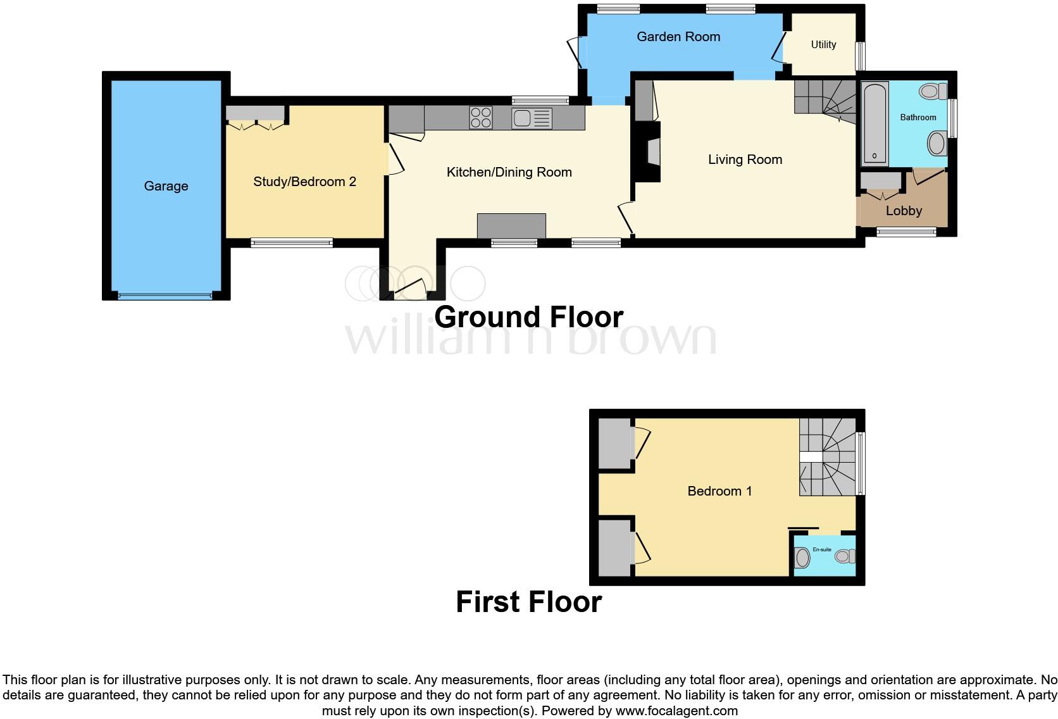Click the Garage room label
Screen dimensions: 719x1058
[x=166, y=186]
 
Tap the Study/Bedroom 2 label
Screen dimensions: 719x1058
[x=304, y=182]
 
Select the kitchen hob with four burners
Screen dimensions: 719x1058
[x=481, y=118]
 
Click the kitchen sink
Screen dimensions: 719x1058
[x=532, y=118]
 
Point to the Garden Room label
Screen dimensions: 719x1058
[x=678, y=37]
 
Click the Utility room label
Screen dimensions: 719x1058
[x=823, y=45]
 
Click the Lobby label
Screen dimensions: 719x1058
[x=904, y=211]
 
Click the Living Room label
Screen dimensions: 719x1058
[x=745, y=159]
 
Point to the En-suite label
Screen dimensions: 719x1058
[x=822, y=549]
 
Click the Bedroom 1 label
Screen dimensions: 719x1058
[x=719, y=491]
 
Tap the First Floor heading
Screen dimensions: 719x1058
[x=528, y=602]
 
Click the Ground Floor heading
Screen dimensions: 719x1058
[x=528, y=317]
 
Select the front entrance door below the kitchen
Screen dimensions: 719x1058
[x=410, y=291]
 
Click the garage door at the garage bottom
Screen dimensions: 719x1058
[x=165, y=296]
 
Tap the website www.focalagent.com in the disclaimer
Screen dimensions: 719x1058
[x=676, y=711]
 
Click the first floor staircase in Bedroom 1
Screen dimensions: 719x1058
[x=827, y=457]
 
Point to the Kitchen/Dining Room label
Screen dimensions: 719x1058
[x=509, y=172]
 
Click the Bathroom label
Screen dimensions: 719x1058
[x=918, y=118]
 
